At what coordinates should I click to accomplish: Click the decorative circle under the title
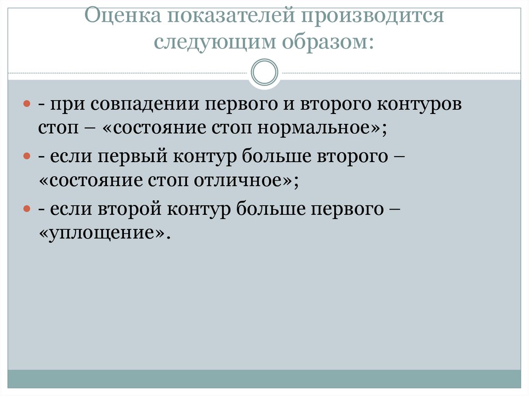coord(264,72)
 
